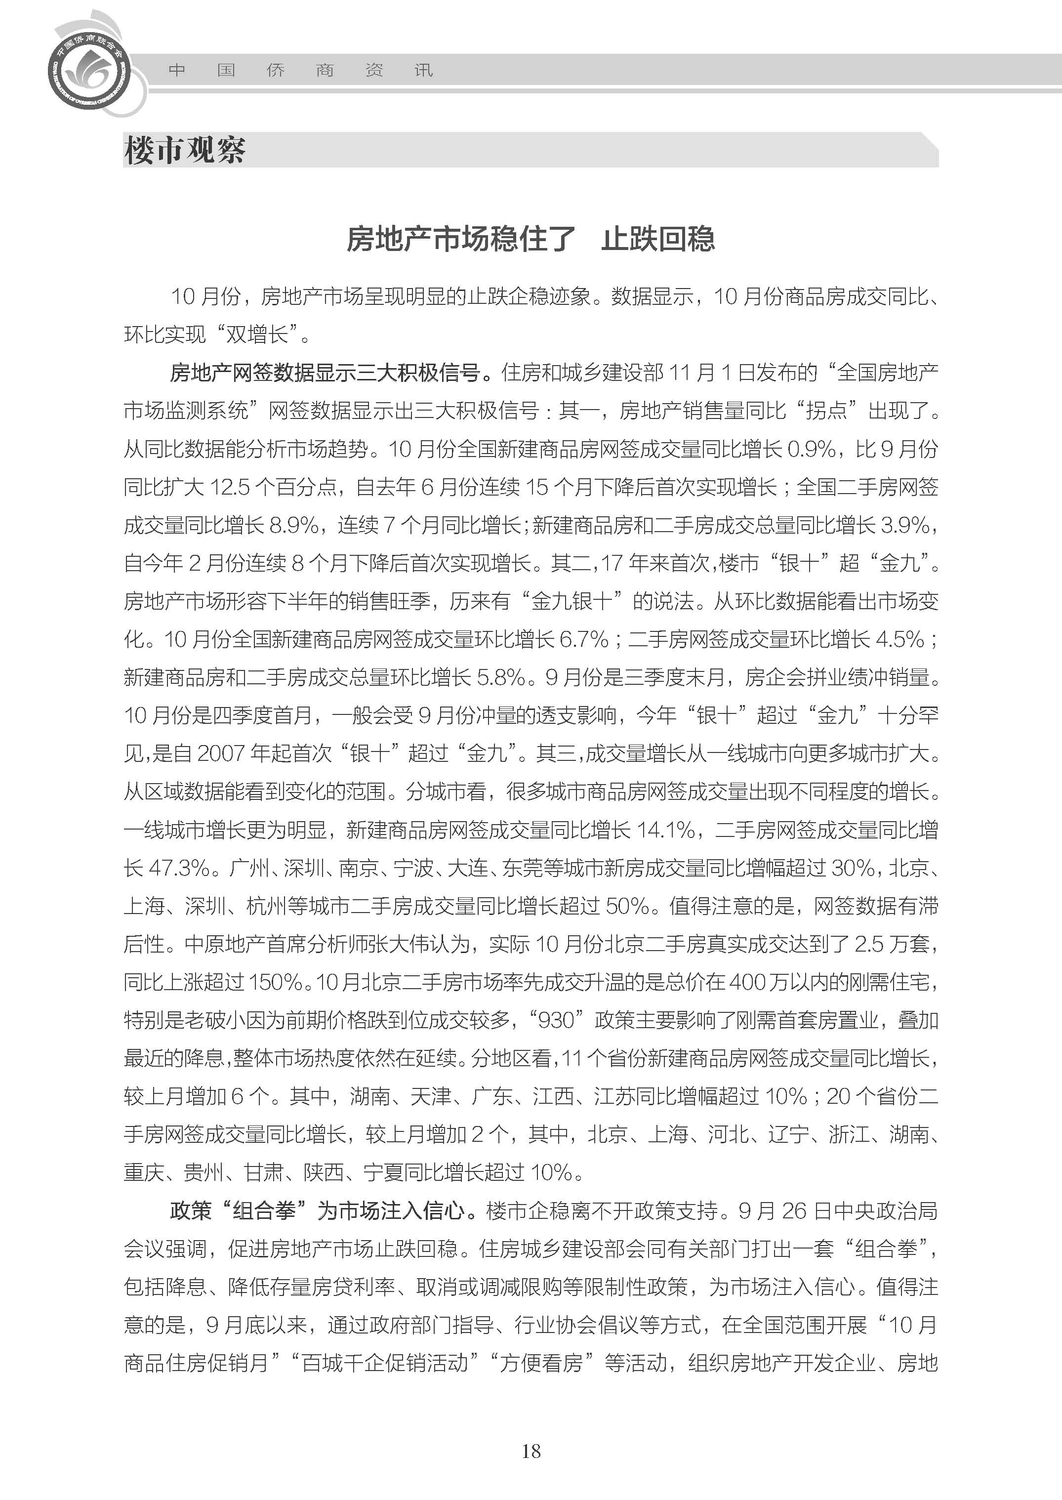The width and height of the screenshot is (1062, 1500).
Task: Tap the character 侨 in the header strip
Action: (x=275, y=70)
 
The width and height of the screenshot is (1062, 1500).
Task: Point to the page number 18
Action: (x=531, y=1451)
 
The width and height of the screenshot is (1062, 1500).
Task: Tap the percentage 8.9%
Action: (x=293, y=525)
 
